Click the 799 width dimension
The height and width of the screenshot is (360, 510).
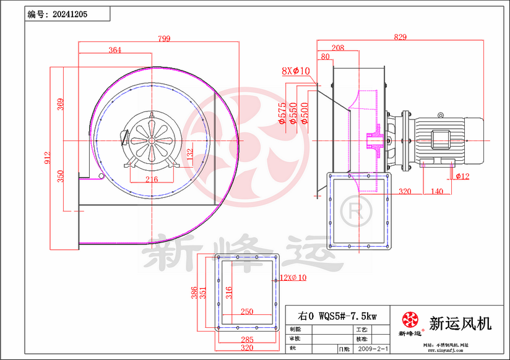click(164, 39)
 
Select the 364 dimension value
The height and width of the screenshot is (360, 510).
click(115, 50)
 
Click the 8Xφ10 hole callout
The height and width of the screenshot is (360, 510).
click(295, 71)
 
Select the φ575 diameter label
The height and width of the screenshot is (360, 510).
click(283, 114)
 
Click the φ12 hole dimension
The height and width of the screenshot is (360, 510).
click(462, 177)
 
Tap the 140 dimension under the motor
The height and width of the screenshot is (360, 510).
click(436, 192)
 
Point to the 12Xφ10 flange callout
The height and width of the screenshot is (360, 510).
click(293, 278)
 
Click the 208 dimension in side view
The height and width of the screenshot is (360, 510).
click(338, 48)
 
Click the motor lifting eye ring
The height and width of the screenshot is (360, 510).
click(440, 115)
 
